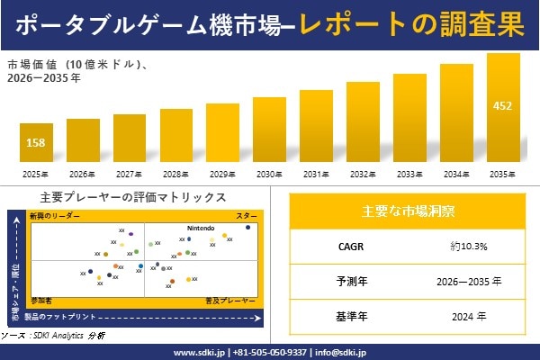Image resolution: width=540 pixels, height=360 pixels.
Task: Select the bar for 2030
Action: [x=269, y=130]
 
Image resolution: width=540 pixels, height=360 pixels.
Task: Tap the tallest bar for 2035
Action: [x=502, y=107]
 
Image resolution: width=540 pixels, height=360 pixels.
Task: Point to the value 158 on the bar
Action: [x=36, y=142]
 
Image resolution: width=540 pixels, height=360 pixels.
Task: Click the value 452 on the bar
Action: [x=502, y=106]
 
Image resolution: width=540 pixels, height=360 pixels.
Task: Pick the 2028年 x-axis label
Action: [x=175, y=173]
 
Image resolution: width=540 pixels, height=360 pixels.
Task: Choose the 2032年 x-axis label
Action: [x=362, y=173]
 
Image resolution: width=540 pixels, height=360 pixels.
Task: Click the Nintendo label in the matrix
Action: [x=200, y=229]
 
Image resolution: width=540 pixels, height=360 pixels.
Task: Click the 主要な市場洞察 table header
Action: [x=408, y=211]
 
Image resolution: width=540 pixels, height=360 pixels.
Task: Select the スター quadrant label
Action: [x=246, y=216]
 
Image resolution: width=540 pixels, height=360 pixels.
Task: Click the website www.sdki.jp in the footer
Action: [x=199, y=352]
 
